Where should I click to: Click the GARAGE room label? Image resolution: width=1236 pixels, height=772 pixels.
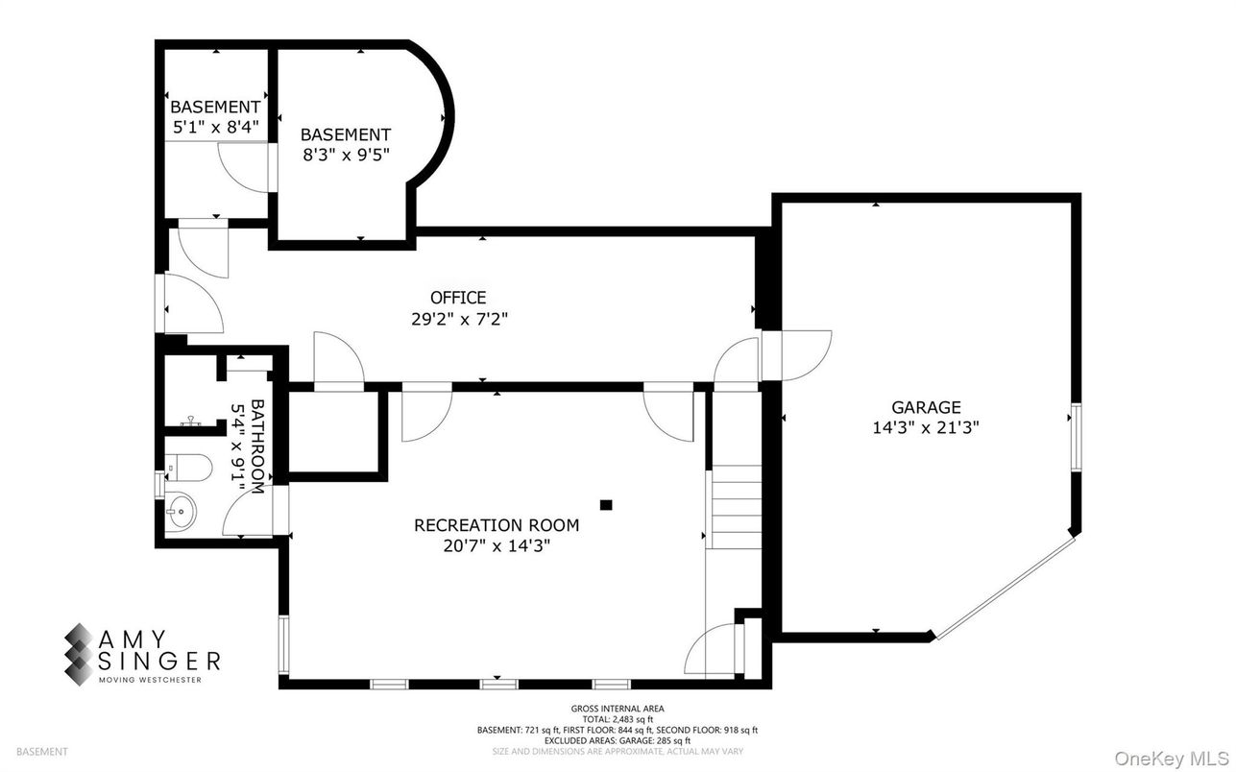925,408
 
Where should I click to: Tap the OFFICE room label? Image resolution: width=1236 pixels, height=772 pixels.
457,298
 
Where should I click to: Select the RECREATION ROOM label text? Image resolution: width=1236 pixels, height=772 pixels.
497,525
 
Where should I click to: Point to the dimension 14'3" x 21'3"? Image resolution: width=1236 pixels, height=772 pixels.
925,428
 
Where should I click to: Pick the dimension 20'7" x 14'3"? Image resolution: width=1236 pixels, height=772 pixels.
497,545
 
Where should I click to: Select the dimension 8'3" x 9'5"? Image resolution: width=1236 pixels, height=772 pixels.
346,155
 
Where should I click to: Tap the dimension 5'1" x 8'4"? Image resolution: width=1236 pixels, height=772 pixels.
214,126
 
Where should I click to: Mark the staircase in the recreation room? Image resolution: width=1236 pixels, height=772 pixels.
735,506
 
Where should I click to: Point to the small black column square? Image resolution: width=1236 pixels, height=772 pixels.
606,503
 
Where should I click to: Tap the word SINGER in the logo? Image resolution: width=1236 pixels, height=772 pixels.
160,660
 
